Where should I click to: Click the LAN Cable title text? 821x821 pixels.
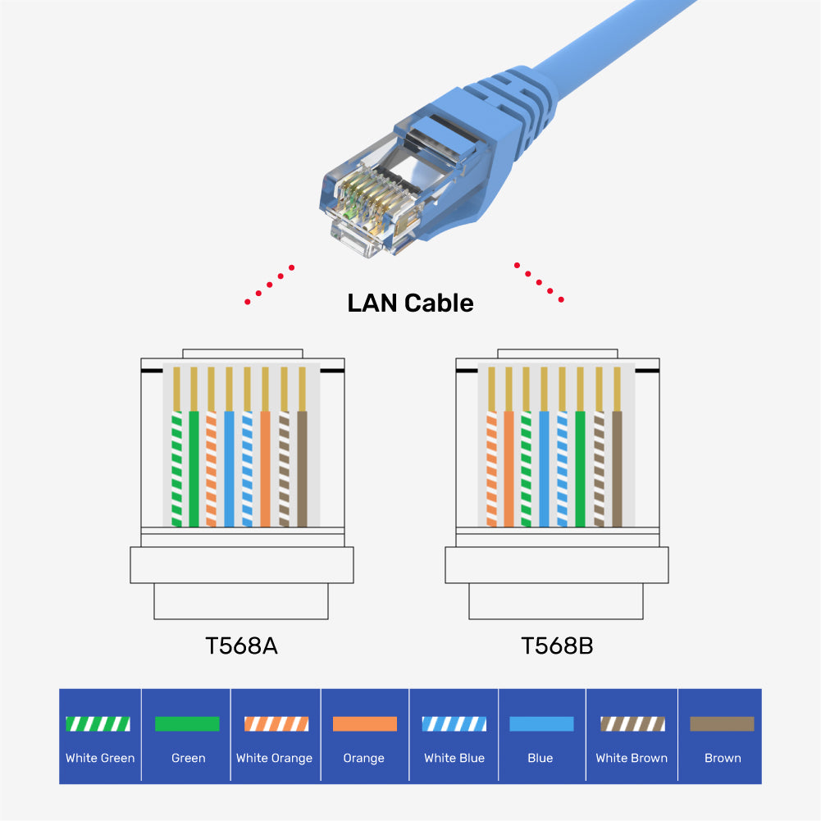point(410,303)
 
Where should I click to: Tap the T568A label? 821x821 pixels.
point(241,645)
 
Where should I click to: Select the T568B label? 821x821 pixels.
point(557,645)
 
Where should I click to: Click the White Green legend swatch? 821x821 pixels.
point(98,723)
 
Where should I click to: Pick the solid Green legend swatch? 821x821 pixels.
point(187,723)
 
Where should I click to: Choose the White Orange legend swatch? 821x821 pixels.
point(276,723)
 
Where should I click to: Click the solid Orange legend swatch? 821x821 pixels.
point(364,723)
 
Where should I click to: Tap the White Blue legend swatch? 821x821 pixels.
point(454,723)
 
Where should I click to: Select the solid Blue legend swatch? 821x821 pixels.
point(541,723)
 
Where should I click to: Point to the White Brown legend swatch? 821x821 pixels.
point(632,723)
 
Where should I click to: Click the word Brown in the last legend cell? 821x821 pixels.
point(722,758)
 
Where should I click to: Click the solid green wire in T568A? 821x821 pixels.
point(194,468)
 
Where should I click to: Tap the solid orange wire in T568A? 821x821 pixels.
point(265,468)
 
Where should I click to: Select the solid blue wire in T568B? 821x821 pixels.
point(544,468)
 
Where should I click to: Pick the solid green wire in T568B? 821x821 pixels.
point(580,468)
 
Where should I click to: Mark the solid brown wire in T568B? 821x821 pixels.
point(617,468)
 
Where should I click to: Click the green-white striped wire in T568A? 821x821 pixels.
point(176,468)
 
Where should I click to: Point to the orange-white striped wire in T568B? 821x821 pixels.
point(491,468)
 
